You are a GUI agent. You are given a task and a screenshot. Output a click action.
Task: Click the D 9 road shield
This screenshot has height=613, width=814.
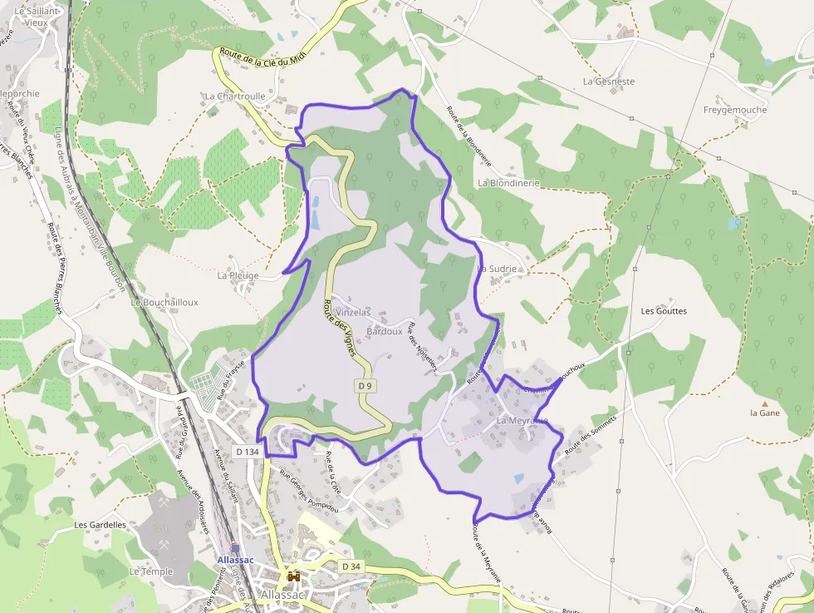pos(364,386)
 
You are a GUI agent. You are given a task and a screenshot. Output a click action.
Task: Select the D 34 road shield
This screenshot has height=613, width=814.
pos(352,566)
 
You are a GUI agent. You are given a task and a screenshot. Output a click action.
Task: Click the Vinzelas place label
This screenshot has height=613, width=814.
pos(352,313)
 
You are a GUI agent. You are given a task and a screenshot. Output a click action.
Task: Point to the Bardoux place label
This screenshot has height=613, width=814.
pos(385,332)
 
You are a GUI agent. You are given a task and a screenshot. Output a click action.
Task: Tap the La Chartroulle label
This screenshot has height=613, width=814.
pos(235,96)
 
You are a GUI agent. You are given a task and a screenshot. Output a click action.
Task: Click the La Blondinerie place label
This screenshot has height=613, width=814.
pos(508,183)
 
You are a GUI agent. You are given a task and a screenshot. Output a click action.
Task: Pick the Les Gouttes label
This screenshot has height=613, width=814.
pos(664,311)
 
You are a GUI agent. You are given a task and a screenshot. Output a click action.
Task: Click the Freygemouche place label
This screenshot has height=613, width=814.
pos(735,110)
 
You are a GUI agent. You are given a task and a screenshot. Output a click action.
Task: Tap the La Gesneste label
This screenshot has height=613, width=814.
pos(609,82)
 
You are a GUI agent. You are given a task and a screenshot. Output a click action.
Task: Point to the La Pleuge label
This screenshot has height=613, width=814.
pos(238,275)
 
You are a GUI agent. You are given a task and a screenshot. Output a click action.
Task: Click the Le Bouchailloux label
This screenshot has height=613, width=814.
pos(164,303)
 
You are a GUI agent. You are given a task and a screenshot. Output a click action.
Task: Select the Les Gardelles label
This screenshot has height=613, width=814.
pos(100,525)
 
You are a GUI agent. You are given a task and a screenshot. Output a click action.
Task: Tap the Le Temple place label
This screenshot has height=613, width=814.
pos(151,572)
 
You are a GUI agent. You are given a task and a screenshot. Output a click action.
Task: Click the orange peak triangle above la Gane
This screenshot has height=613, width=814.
pos(765,403)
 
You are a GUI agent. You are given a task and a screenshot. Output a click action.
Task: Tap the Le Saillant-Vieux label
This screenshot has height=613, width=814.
pos(37,16)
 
